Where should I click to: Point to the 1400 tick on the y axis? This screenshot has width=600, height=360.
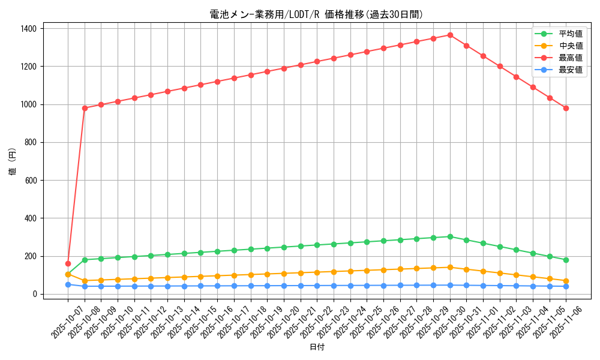coord(28,29)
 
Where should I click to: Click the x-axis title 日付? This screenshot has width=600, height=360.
coord(317,347)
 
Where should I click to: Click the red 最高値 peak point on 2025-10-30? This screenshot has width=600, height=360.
coord(450,35)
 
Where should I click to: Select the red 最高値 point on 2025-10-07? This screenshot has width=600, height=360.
coord(68,263)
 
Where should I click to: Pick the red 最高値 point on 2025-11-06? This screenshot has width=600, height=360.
coord(566,108)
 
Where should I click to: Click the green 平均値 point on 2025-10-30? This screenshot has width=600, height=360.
coord(450,236)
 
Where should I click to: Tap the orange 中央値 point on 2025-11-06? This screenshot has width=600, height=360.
coord(566,281)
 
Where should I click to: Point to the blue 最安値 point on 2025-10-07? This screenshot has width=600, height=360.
coord(68,284)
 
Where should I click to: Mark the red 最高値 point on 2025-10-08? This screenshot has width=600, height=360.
coord(85,108)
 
